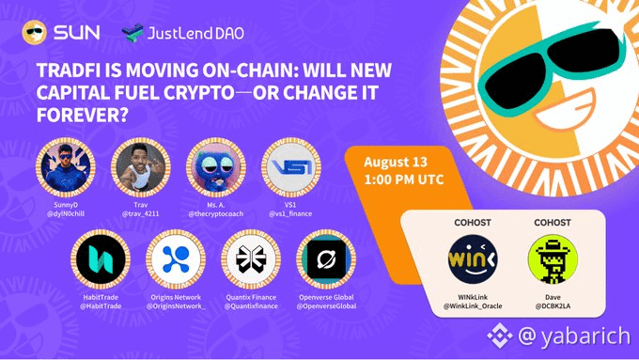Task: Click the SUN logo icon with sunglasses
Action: (x=34, y=32)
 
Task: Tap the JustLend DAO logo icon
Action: (x=132, y=33)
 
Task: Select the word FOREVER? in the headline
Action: (x=83, y=115)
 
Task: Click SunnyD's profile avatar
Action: (x=66, y=167)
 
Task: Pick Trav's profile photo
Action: (x=141, y=167)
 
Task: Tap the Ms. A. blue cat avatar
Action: (x=216, y=167)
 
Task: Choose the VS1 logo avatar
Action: (x=291, y=167)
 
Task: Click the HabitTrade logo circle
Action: (x=101, y=259)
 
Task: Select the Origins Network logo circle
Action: (x=176, y=259)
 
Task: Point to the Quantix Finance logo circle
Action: (x=251, y=259)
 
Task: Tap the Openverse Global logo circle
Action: (x=326, y=259)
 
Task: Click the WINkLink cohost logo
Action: (x=473, y=259)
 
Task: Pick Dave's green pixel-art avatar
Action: (x=553, y=259)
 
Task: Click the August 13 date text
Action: (x=396, y=162)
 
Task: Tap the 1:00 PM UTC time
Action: (x=404, y=180)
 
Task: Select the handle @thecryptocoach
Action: (x=216, y=214)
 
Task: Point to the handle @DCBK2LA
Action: (x=553, y=306)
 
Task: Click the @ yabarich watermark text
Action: (x=574, y=337)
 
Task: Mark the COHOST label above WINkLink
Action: (x=473, y=223)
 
